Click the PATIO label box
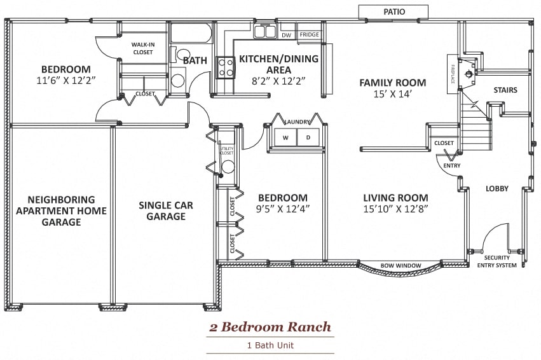click(x=394, y=11)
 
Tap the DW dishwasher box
click(x=287, y=35)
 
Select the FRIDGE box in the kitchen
click(x=310, y=35)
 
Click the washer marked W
click(x=285, y=137)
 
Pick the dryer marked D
click(x=308, y=137)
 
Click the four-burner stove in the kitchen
click(x=226, y=67)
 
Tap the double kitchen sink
click(x=265, y=31)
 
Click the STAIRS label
click(x=505, y=90)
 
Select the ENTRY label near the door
click(x=452, y=166)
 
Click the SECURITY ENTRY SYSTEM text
click(x=496, y=261)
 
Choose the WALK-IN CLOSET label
click(x=142, y=48)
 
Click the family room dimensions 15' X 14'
click(x=392, y=94)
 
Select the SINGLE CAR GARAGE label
click(x=166, y=211)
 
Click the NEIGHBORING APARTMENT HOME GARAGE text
click(x=61, y=211)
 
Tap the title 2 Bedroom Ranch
click(x=270, y=328)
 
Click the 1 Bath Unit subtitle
click(x=270, y=345)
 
